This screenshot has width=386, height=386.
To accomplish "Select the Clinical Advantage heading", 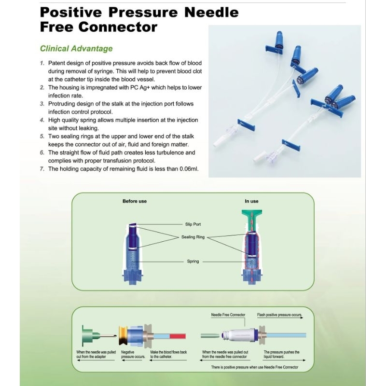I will tap(76, 48).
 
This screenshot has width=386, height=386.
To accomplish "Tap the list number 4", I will tap(42, 120).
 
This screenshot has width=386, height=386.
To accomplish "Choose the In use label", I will tap(251, 201).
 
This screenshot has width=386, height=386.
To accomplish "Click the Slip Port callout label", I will tap(192, 224).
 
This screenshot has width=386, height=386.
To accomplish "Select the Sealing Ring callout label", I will tap(192, 237).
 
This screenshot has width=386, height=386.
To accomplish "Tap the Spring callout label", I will tap(193, 262).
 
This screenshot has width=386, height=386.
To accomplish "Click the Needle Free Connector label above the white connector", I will tap(227, 315).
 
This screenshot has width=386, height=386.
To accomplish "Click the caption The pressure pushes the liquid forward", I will tap(281, 355).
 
